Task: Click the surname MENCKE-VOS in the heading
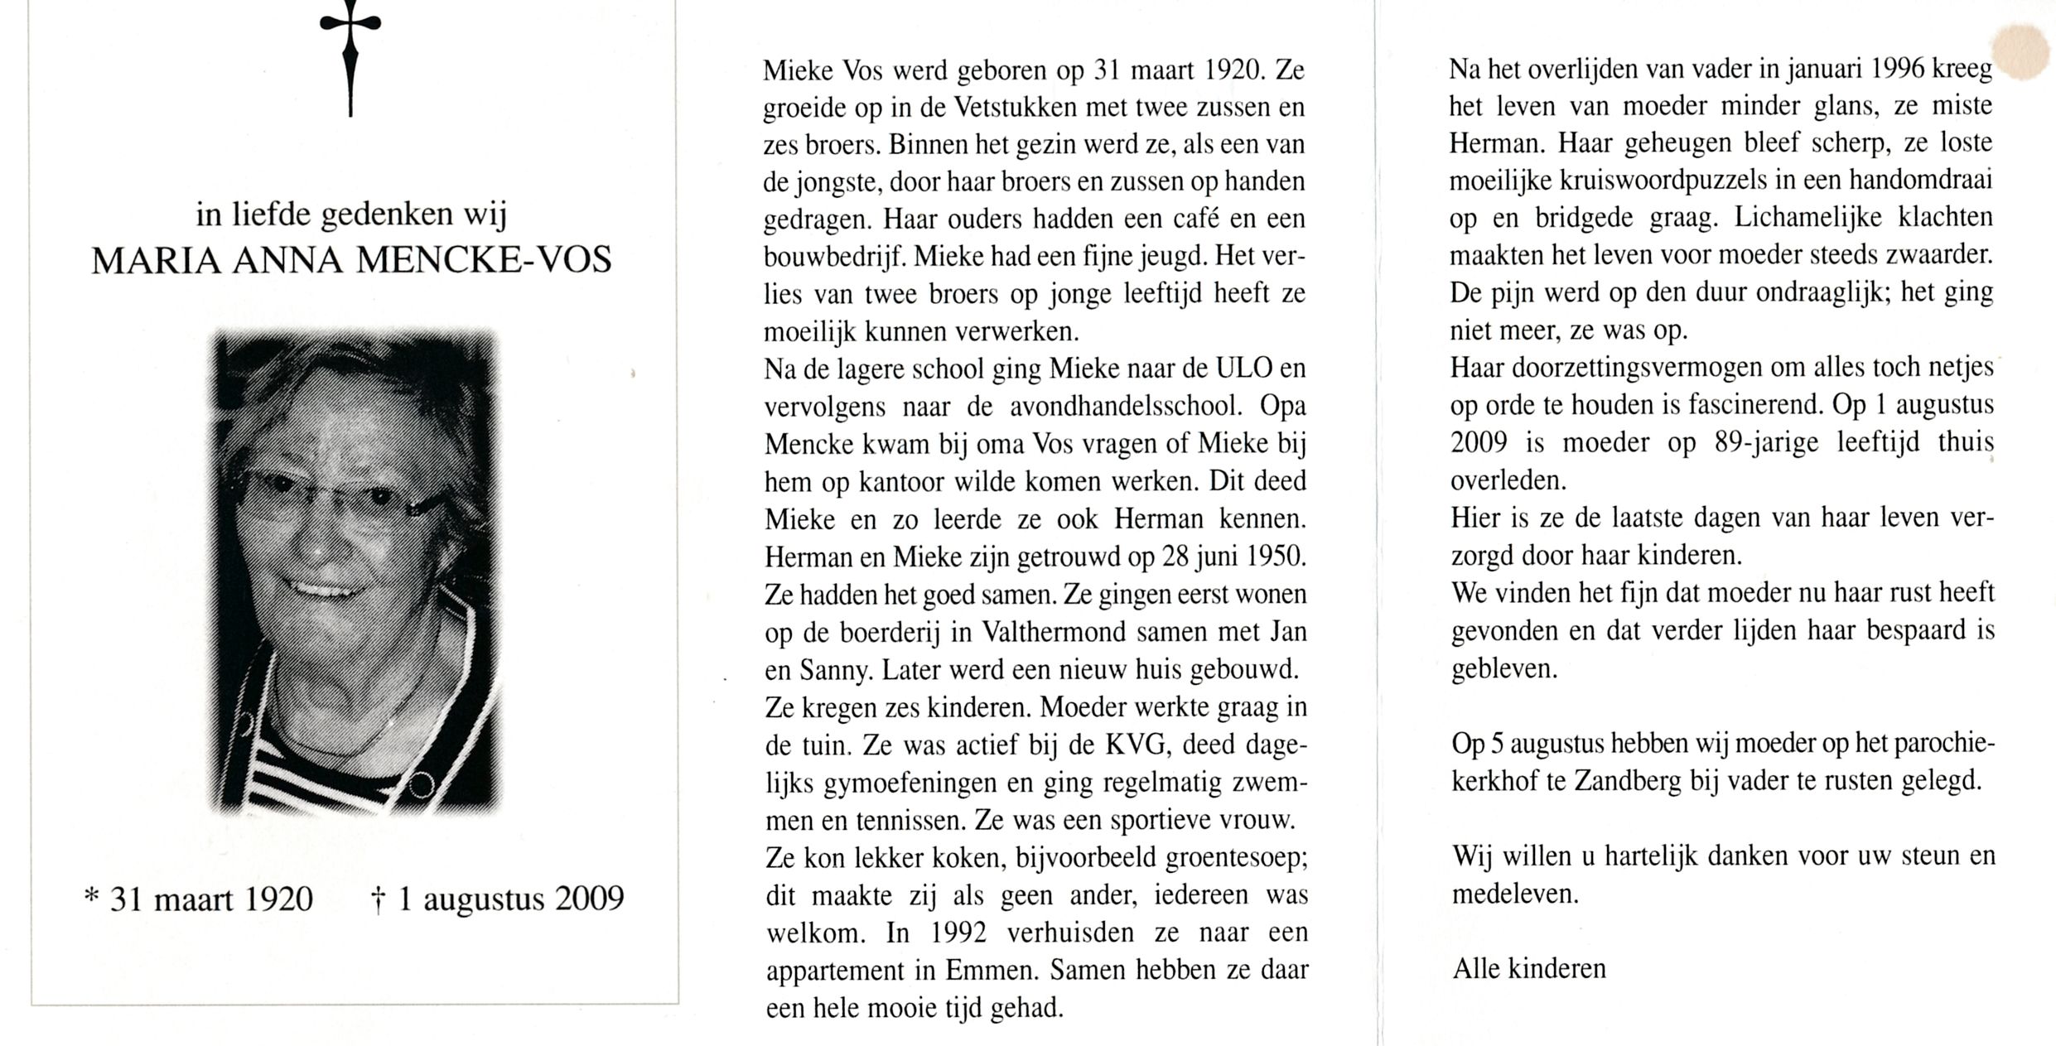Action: pos(484,261)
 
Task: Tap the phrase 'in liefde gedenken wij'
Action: pos(351,215)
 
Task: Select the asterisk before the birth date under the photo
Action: pos(92,896)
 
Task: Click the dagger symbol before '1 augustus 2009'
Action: pos(378,899)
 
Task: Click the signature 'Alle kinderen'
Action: pos(1528,969)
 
